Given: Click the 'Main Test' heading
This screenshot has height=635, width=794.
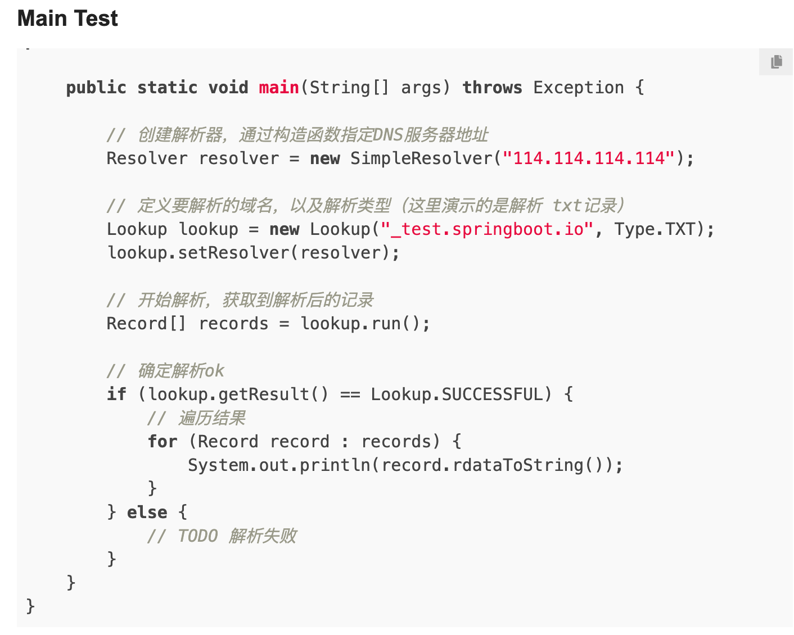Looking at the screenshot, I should [67, 19].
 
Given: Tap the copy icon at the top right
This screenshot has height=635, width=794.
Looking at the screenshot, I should [777, 61].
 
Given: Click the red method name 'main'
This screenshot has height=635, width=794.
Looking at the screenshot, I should [278, 88].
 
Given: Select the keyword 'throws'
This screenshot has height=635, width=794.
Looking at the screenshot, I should [492, 88].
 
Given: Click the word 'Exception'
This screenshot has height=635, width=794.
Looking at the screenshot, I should [578, 88].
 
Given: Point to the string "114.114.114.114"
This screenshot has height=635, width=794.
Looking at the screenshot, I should [589, 158].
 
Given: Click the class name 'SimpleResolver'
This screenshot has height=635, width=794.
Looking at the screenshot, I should [421, 158].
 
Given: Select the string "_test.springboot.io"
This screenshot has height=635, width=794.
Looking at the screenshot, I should [487, 229].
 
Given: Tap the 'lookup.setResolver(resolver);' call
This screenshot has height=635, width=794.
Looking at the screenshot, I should [253, 253].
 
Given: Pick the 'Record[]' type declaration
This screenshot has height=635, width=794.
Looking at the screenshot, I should [146, 324].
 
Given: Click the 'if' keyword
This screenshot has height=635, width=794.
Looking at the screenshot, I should [116, 394].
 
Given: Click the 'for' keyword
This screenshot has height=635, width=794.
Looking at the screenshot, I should [163, 442].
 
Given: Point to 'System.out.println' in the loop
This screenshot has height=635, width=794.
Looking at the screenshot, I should [279, 465].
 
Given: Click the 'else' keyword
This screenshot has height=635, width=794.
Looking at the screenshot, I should [147, 512].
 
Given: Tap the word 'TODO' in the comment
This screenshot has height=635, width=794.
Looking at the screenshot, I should [198, 536].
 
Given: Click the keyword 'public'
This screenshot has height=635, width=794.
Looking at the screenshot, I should [96, 88].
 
